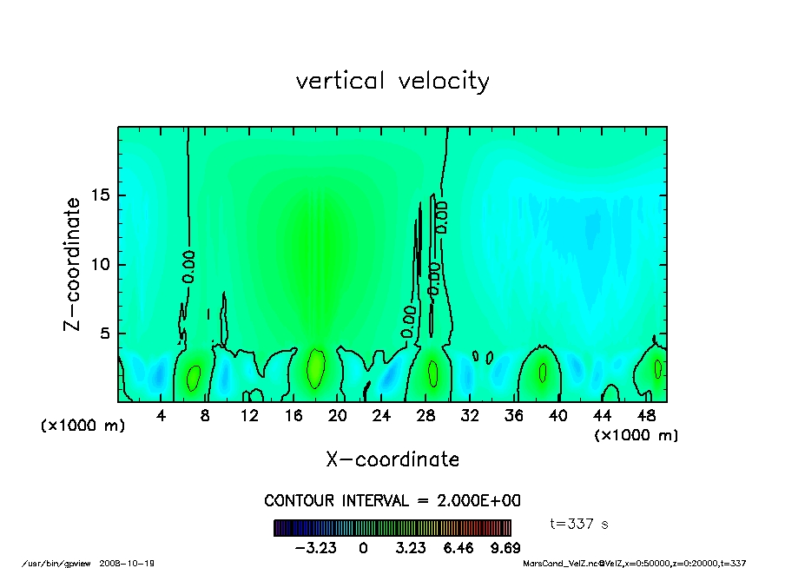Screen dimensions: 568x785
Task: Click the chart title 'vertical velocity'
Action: point(392,82)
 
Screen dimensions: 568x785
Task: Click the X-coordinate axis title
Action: point(392,459)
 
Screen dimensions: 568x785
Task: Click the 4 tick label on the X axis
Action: point(162,416)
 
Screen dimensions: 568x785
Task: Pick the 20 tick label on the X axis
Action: point(338,416)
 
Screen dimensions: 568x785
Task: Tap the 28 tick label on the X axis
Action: point(425,416)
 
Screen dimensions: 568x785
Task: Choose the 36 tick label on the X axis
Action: point(514,416)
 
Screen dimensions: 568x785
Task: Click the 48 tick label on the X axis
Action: point(646,416)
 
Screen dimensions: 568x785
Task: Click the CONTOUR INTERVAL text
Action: point(392,501)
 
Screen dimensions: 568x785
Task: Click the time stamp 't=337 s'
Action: point(580,524)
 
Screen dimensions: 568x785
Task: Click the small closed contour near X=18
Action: point(316,368)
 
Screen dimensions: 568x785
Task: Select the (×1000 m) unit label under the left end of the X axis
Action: point(83,426)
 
